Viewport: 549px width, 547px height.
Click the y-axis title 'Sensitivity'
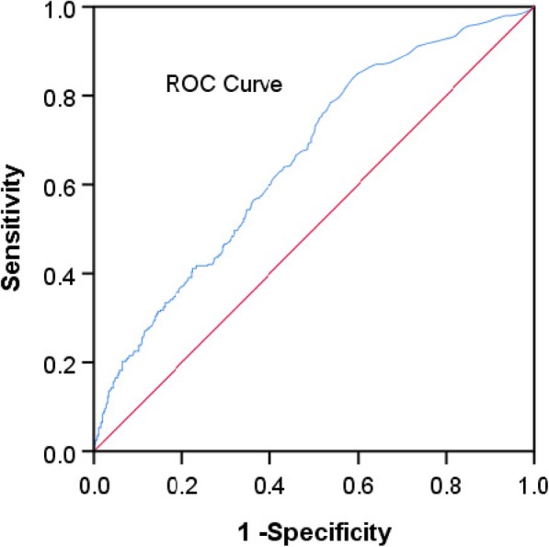16,229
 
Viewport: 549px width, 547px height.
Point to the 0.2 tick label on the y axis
67,363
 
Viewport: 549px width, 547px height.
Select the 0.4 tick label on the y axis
67,274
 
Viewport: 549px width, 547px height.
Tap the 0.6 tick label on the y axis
67,185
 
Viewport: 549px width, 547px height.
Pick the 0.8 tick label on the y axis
67,96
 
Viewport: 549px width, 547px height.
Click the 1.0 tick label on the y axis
67,7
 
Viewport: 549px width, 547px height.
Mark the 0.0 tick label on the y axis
67,451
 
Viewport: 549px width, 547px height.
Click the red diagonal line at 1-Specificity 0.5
314,229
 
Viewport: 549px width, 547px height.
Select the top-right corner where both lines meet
533,8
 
